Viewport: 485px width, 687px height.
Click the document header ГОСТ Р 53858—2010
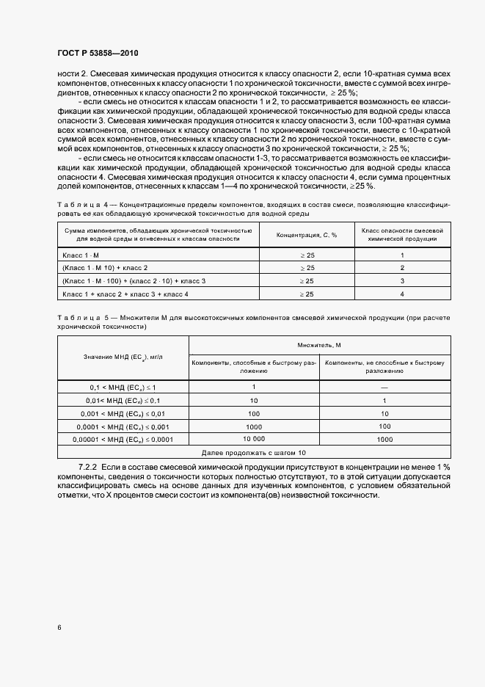point(98,54)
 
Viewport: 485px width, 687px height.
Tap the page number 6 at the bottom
point(59,628)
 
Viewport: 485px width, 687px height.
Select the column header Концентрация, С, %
point(306,235)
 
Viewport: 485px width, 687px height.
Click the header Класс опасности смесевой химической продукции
point(402,235)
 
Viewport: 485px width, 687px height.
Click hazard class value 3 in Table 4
point(402,280)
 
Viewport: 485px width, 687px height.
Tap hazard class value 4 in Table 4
point(402,294)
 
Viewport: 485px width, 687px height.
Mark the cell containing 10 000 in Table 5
point(254,439)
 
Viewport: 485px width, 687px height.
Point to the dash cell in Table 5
point(384,387)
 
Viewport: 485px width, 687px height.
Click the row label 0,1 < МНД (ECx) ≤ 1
point(123,387)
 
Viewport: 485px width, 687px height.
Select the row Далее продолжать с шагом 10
point(255,453)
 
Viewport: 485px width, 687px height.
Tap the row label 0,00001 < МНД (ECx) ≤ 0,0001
point(123,439)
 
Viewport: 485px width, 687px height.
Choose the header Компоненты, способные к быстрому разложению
point(254,366)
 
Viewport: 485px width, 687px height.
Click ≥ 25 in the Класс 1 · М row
point(306,255)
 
